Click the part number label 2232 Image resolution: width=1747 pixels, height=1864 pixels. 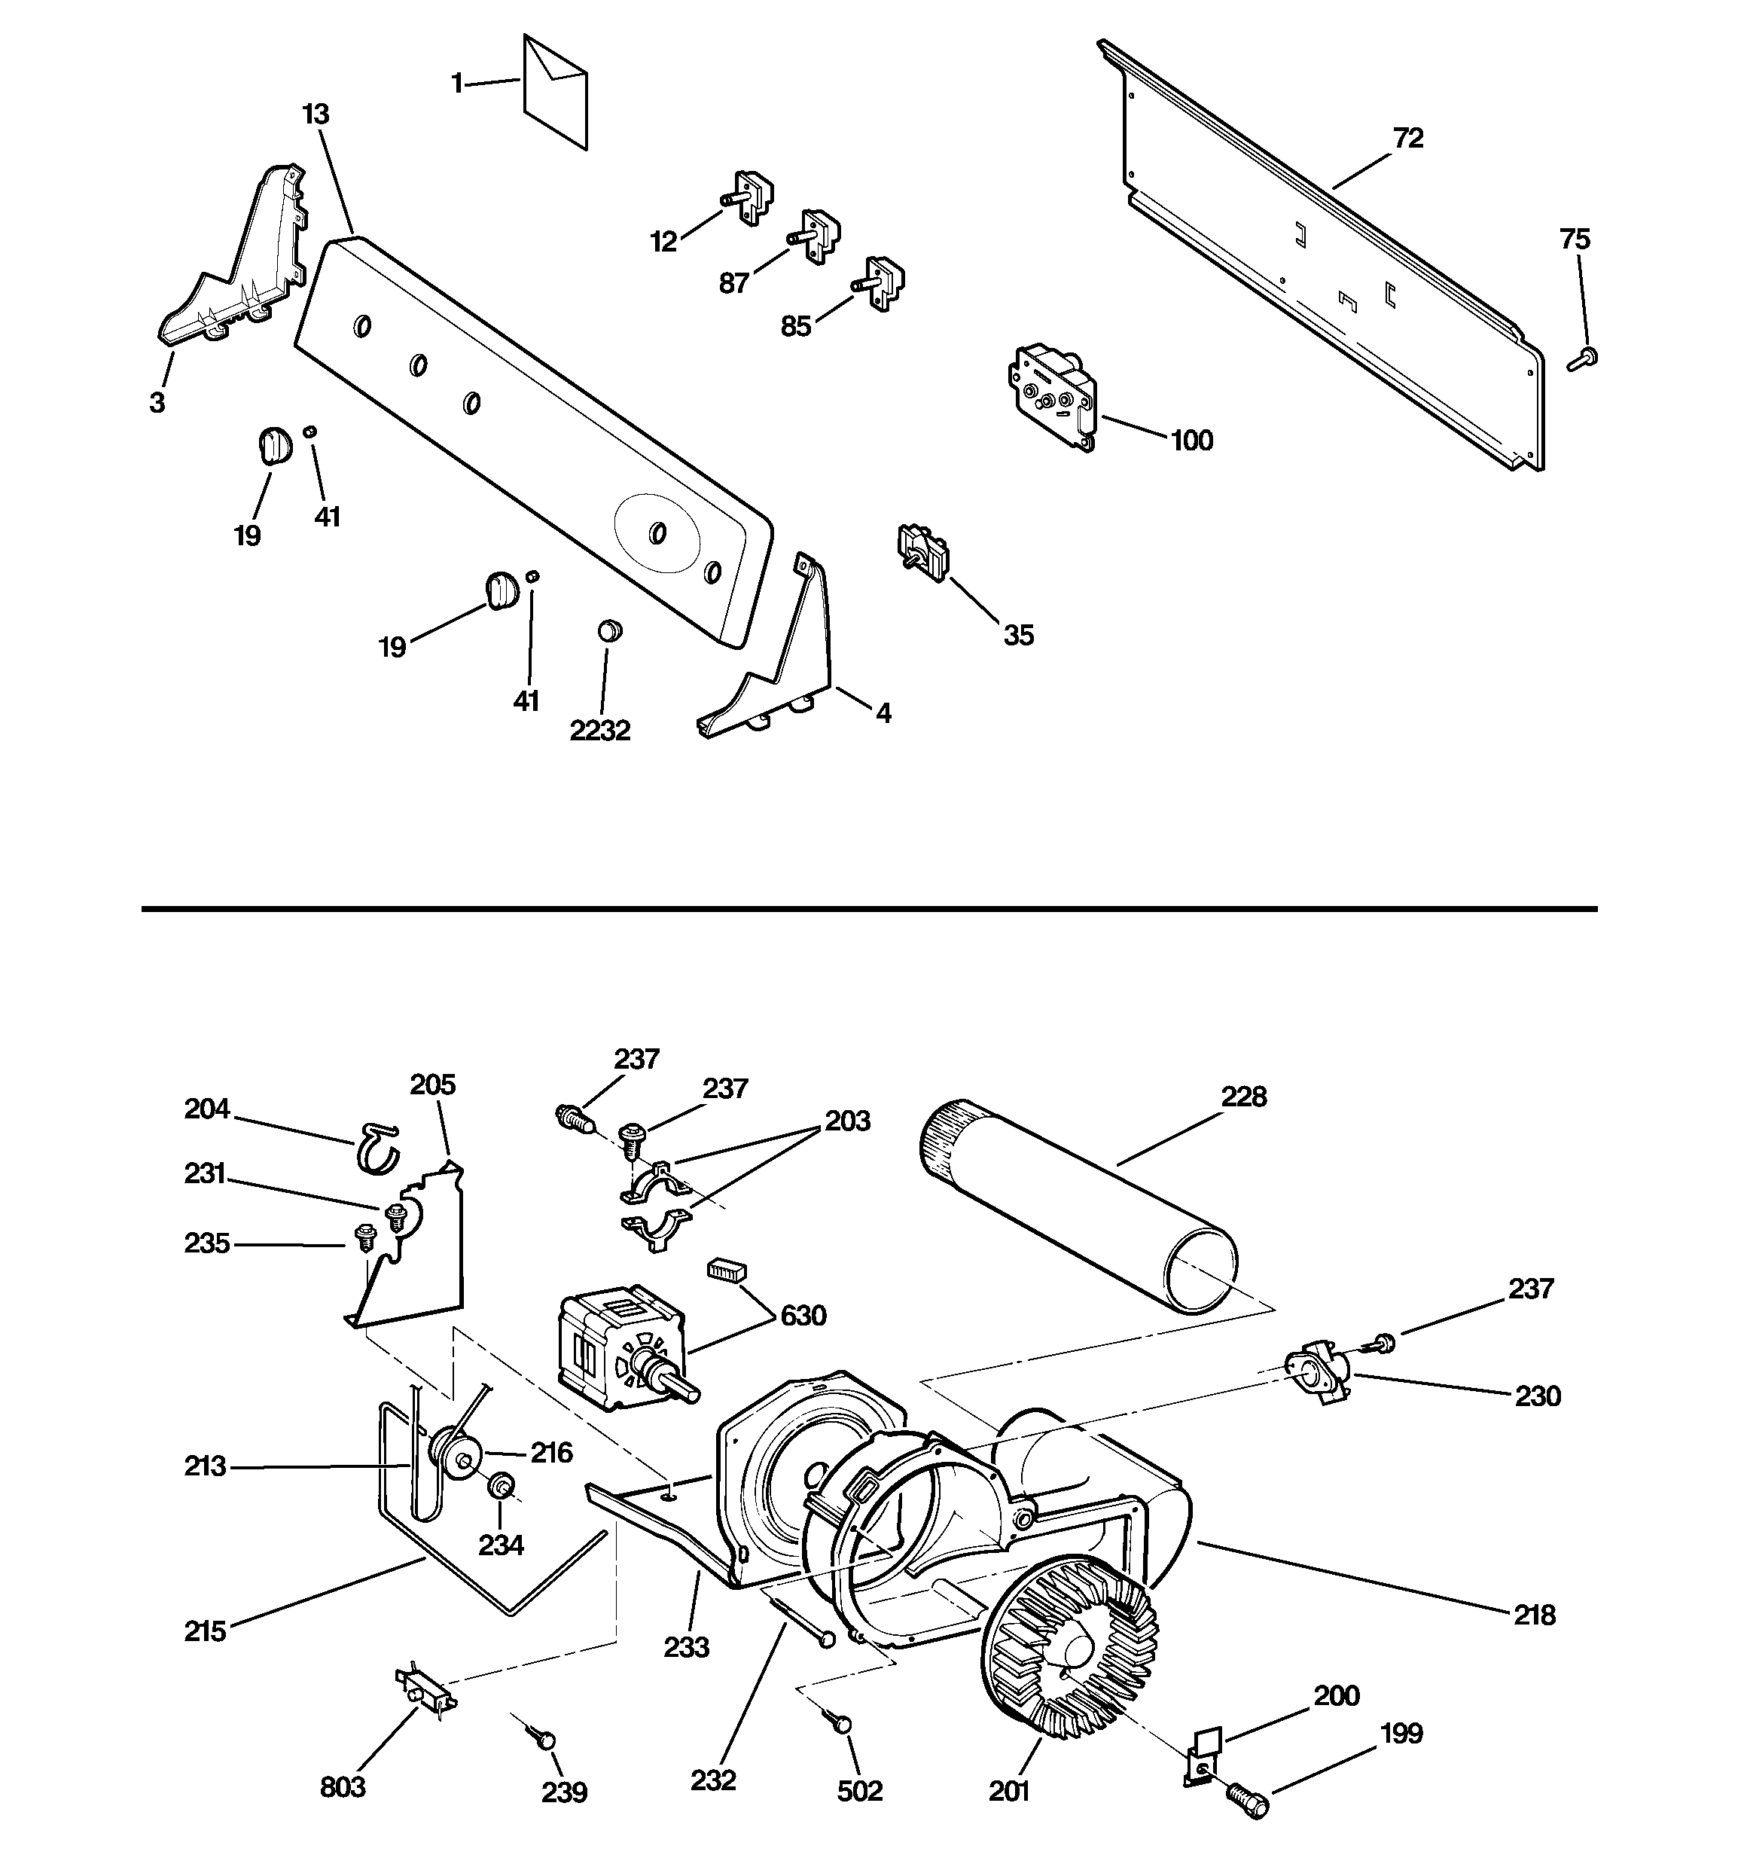click(x=600, y=731)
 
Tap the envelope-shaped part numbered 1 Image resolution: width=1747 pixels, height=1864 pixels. click(x=555, y=92)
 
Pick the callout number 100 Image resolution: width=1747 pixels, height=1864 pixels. click(x=1192, y=440)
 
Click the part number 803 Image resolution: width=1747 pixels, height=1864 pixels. click(x=343, y=1788)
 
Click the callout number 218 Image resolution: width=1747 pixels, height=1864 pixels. click(x=1534, y=1615)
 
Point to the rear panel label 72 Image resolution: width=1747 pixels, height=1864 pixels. click(x=1408, y=139)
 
